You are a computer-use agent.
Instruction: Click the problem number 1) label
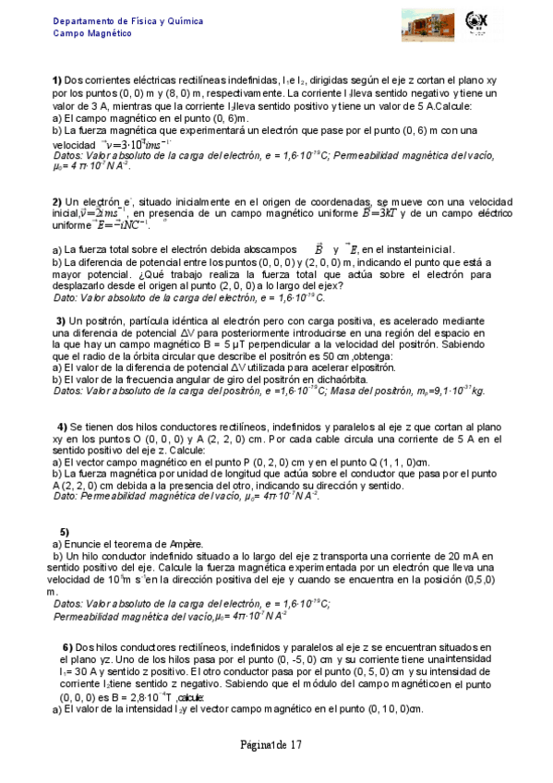(x=56, y=80)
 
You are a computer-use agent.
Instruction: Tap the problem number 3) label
(x=61, y=319)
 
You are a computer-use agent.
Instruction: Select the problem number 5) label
(x=65, y=532)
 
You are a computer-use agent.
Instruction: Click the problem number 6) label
(x=67, y=646)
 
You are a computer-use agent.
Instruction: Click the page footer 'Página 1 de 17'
(x=270, y=745)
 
